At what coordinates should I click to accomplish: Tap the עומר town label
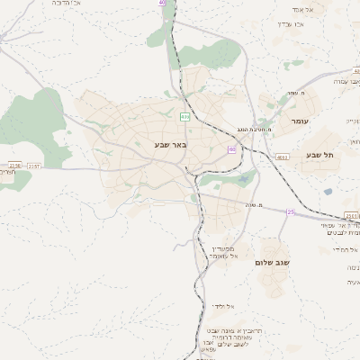coord(298,121)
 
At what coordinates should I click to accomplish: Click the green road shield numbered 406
coord(185,116)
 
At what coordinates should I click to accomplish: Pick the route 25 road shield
coord(291,211)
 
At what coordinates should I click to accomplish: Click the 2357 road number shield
coord(33,166)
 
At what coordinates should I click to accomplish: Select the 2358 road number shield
coord(13,166)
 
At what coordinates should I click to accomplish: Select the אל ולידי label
coord(224,307)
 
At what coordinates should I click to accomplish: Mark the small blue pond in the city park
coord(243,179)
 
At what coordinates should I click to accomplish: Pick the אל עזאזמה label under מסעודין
coord(221,256)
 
